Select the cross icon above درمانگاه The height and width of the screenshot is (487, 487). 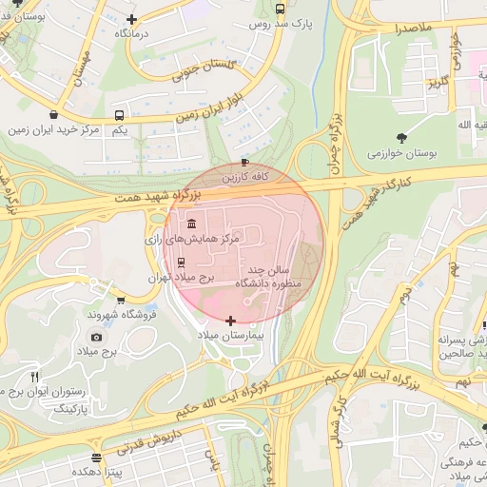pos(131,18)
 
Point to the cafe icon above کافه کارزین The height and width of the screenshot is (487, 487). pos(246,163)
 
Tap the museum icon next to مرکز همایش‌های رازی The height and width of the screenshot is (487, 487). pos(192,224)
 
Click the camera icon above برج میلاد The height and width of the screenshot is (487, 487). pos(96,337)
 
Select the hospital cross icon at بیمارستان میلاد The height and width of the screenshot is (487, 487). pos(230,321)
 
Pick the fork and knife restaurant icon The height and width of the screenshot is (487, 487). pos(35,376)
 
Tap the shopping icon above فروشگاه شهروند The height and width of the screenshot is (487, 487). pos(120,300)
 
